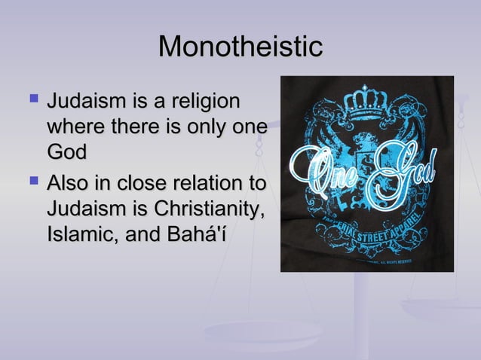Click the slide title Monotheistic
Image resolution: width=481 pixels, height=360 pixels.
[240, 47]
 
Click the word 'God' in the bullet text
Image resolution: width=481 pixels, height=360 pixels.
[66, 152]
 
